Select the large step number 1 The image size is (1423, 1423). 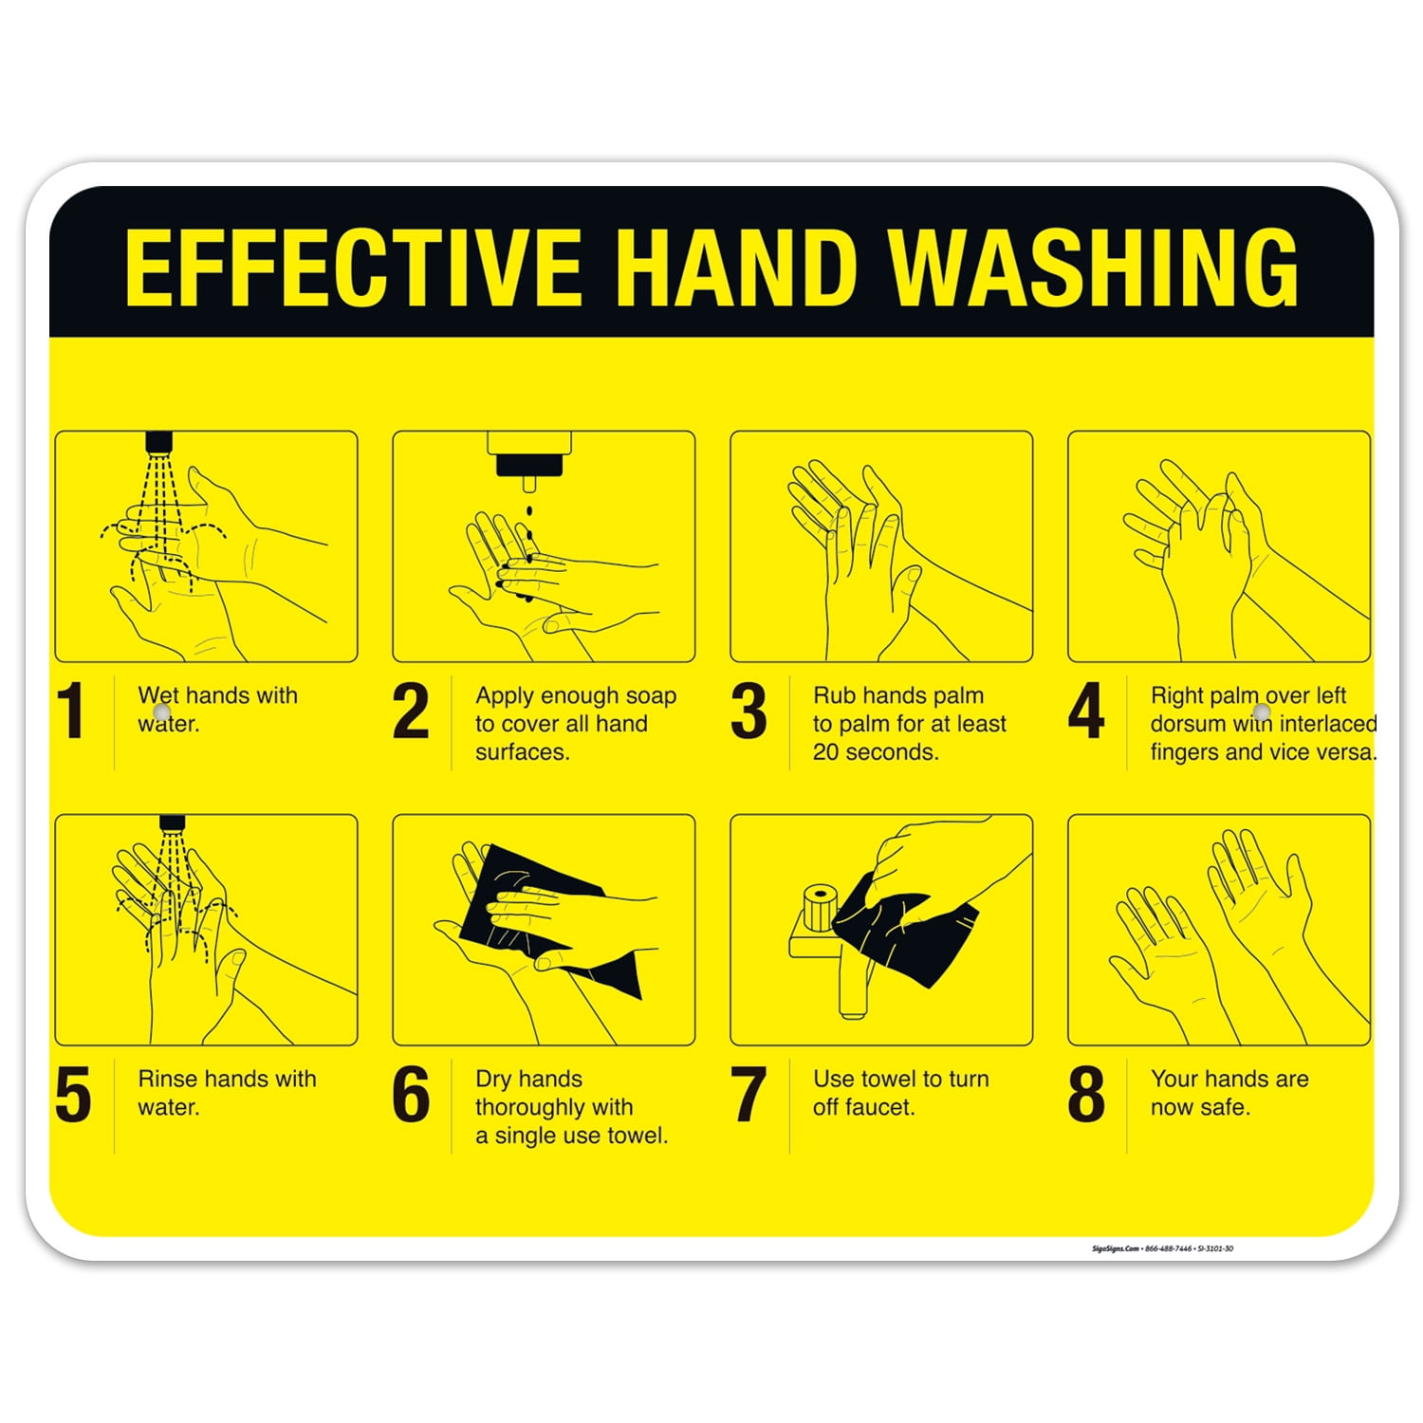click(x=72, y=711)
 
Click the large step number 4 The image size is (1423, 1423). click(x=1086, y=711)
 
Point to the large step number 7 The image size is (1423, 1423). click(x=748, y=1095)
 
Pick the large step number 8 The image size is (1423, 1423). click(x=1086, y=1095)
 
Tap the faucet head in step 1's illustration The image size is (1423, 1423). click(x=159, y=442)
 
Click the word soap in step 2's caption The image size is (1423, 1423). click(x=651, y=695)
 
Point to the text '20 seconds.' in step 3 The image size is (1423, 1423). click(x=876, y=752)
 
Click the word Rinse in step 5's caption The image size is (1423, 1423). click(x=168, y=1079)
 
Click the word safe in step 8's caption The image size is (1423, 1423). click(x=1228, y=1107)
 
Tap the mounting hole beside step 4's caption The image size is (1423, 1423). click(x=1261, y=711)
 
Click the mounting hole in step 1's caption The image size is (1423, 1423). click(x=161, y=711)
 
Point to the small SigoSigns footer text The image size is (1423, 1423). click(x=1162, y=1248)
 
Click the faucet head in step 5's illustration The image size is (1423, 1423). click(x=172, y=823)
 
